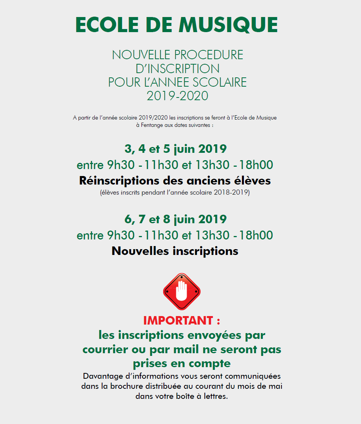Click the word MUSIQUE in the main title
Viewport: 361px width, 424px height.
[x=228, y=25]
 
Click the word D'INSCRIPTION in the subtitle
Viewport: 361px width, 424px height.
[x=177, y=68]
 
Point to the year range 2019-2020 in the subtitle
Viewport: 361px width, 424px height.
[x=177, y=96]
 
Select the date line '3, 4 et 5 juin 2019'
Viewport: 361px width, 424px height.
[x=175, y=149]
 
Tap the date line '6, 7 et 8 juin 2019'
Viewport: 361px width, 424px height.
[x=175, y=219]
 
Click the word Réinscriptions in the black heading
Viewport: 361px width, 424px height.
[x=119, y=181]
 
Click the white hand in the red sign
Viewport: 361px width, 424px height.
[x=181, y=291]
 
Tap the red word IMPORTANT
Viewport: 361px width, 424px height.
[x=178, y=320]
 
